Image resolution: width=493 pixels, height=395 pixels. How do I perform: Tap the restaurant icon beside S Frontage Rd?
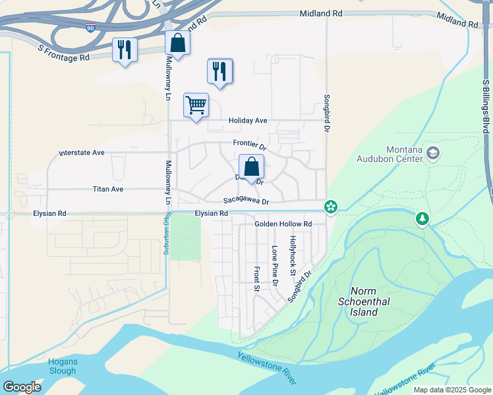coord(125,50)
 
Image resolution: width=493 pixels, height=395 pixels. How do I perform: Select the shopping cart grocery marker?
coord(196,105)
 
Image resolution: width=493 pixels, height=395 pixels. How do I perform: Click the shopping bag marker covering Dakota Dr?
coord(251,167)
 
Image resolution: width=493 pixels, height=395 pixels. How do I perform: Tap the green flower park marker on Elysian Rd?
coord(330,207)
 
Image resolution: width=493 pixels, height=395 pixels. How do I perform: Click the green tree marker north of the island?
coord(422,218)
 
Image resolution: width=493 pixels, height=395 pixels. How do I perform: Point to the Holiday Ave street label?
coord(248,120)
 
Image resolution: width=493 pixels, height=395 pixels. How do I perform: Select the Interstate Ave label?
coord(82,153)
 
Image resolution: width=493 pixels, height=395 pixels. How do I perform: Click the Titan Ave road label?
coord(107,189)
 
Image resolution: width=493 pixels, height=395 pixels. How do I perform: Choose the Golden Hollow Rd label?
coord(283,224)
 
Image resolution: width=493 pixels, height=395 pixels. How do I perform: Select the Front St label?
coord(256,278)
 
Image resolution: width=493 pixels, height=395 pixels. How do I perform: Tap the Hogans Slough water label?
coord(63,366)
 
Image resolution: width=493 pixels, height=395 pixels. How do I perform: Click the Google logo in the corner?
coord(22,387)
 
